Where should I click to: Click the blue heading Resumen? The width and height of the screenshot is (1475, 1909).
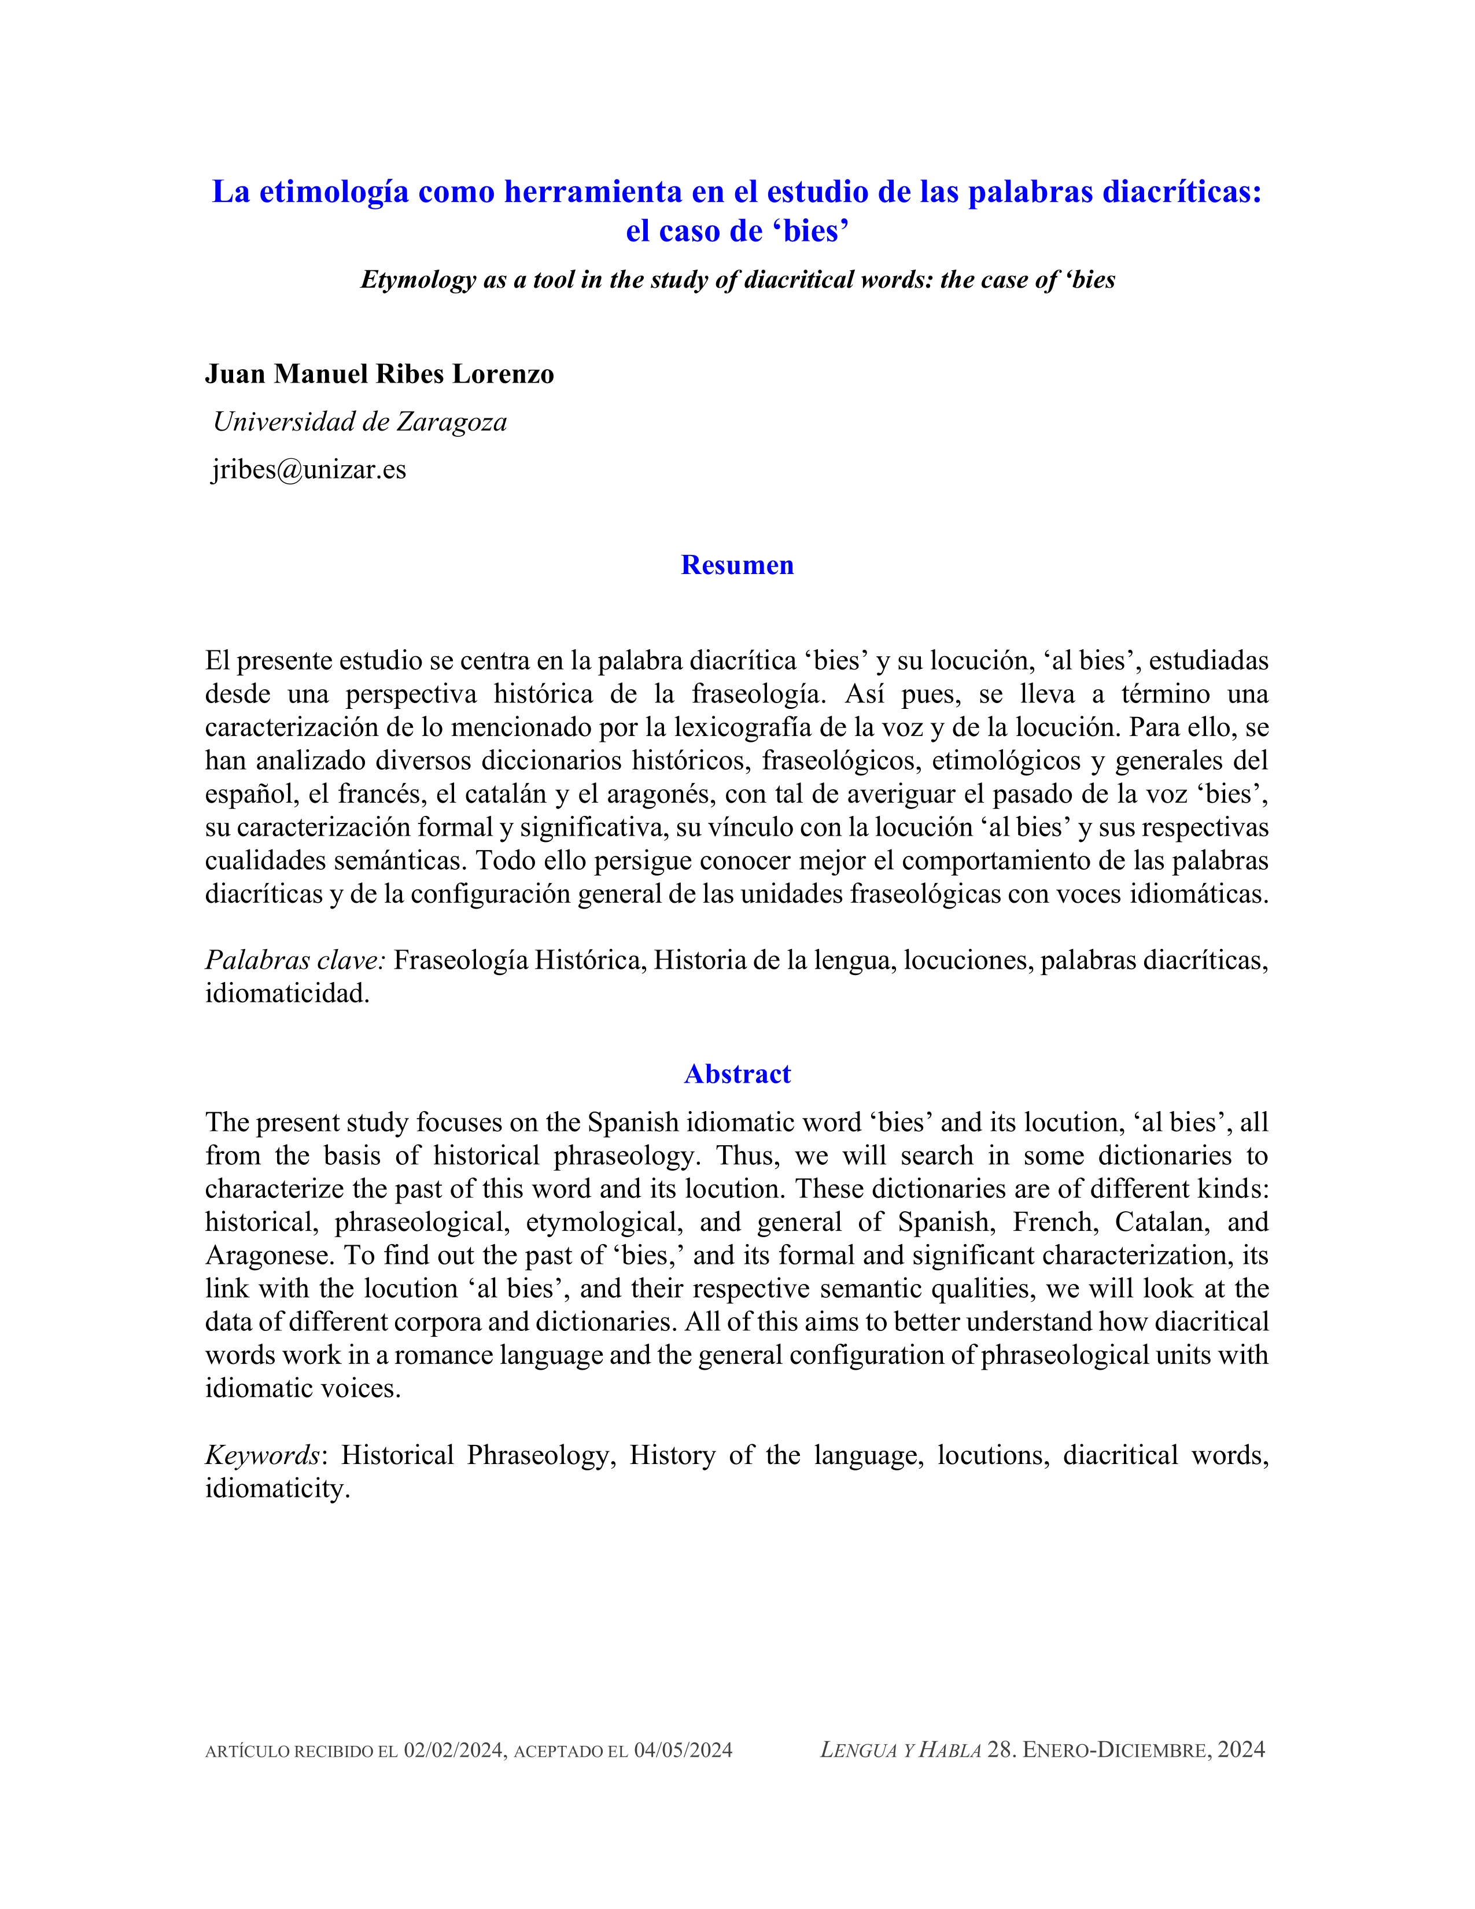tap(736, 565)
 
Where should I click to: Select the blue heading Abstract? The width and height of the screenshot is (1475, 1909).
tap(736, 1073)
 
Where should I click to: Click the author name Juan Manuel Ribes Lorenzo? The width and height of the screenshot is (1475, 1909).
tap(379, 374)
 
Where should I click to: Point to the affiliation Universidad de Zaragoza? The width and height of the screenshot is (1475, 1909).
tap(360, 422)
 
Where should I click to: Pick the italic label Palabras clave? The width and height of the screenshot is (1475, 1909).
tap(294, 960)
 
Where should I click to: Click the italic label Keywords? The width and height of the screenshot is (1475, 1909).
tap(262, 1455)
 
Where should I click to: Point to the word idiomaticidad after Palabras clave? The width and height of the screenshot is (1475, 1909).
tap(286, 993)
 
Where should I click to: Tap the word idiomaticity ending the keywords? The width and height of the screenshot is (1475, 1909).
tap(277, 1488)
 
